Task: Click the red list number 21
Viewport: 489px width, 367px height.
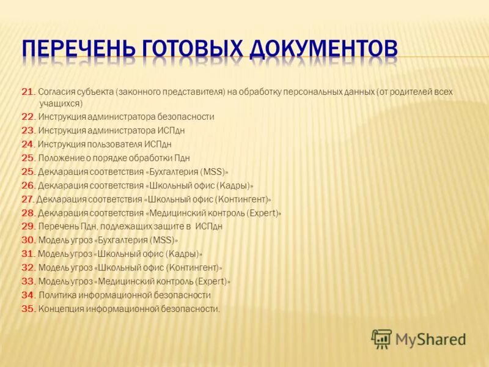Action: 28,92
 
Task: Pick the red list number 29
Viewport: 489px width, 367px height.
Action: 28,226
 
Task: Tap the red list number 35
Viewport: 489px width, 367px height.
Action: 28,309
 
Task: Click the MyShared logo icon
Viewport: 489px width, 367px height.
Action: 381,338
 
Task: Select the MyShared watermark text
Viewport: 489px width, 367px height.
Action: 430,339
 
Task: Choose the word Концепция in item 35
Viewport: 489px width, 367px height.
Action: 61,309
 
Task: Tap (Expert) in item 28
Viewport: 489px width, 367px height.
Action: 263,213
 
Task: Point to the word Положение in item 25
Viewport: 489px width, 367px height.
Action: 61,158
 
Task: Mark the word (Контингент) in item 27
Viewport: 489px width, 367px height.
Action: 242,199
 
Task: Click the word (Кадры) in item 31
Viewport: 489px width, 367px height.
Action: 184,254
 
